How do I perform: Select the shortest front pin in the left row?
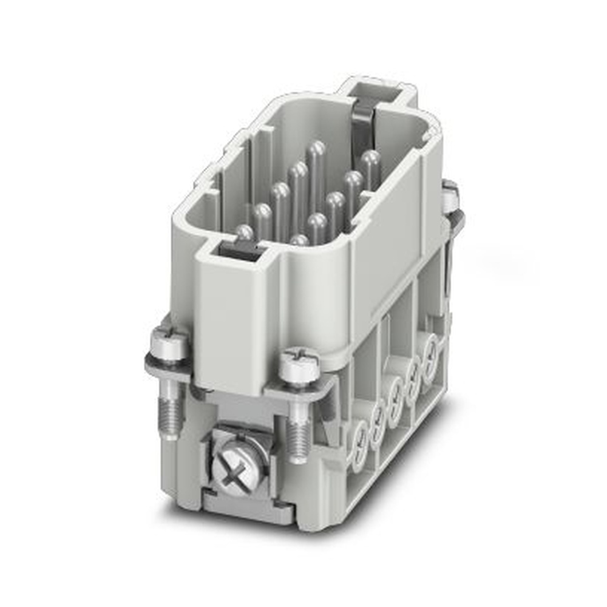coord(245,234)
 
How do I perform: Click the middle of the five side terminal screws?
coord(398,389)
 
